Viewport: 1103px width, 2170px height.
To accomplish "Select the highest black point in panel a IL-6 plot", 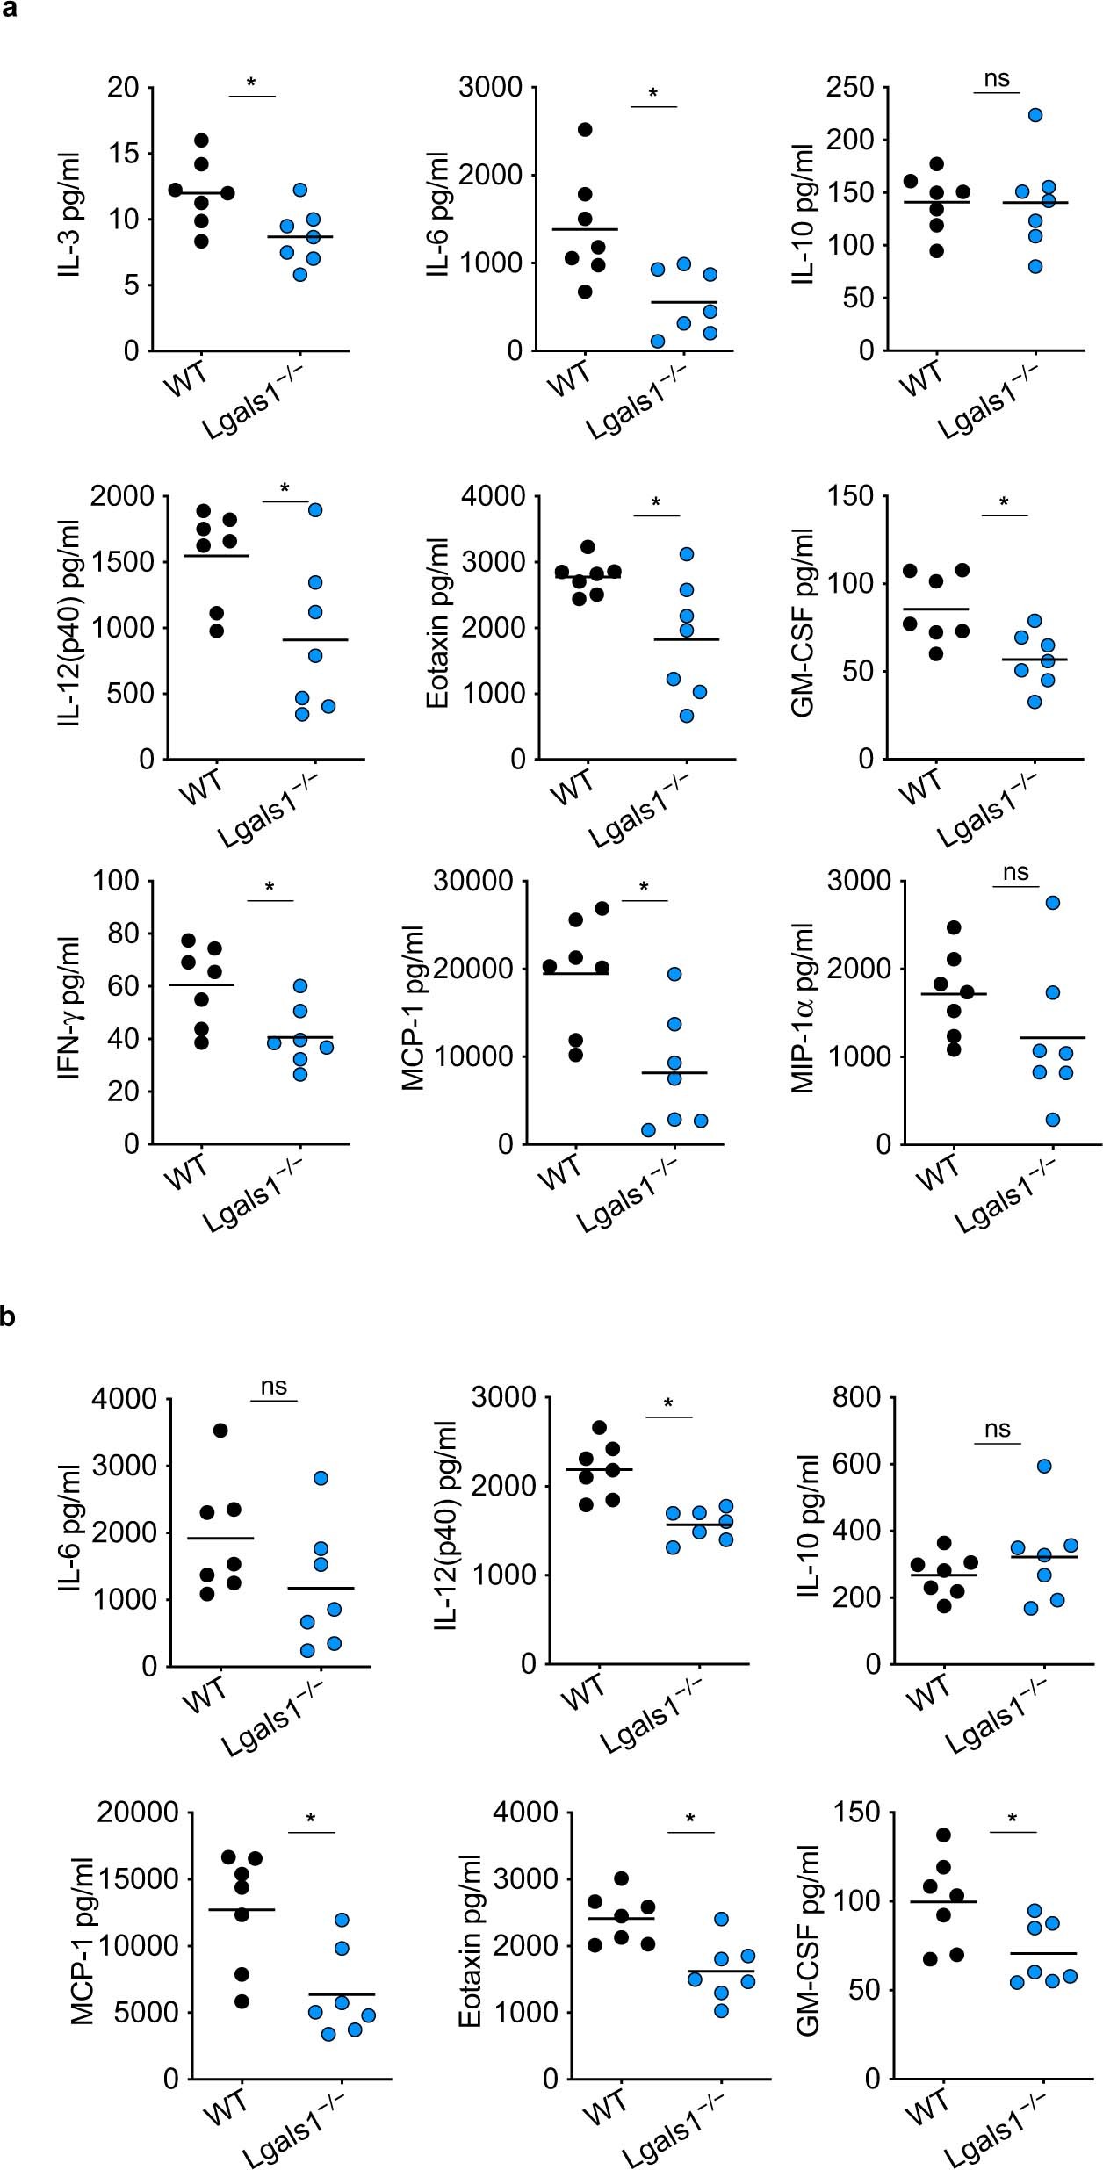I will (585, 130).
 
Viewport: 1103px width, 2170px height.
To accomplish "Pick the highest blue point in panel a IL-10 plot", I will (1035, 115).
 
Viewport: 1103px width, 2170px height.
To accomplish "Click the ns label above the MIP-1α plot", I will (1016, 872).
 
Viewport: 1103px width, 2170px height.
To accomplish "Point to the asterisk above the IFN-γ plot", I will (270, 888).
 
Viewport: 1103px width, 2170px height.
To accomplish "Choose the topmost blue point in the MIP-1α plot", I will (1053, 903).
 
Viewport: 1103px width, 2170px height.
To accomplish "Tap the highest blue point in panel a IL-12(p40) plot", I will (315, 509).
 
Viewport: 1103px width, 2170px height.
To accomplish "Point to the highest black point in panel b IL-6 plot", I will (220, 1431).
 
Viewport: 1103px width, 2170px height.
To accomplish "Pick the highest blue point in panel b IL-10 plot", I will (1044, 1466).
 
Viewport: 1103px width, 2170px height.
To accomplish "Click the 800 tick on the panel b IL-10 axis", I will (850, 1397).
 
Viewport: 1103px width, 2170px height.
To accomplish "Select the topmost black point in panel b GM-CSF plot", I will (943, 1835).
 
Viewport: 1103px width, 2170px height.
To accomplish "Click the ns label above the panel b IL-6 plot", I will (274, 1387).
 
